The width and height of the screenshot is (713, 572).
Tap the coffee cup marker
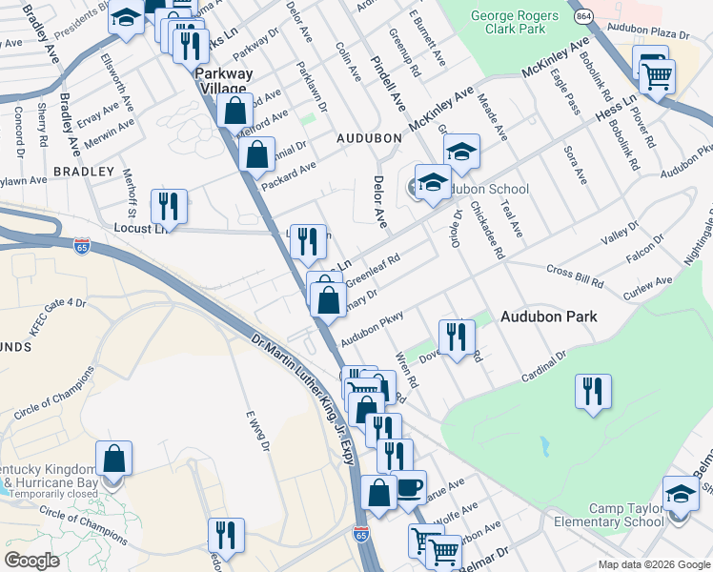(x=409, y=488)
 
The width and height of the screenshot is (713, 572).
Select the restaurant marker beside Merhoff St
(x=169, y=206)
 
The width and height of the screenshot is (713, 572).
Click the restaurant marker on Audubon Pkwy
(x=457, y=337)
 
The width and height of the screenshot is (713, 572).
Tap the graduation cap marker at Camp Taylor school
(x=681, y=496)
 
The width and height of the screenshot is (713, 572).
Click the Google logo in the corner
(x=31, y=561)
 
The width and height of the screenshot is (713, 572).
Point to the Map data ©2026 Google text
(x=654, y=564)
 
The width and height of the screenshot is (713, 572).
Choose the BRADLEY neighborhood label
(x=75, y=171)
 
